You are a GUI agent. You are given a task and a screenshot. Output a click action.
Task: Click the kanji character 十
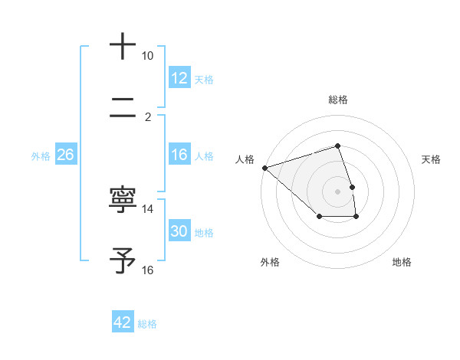click(x=123, y=46)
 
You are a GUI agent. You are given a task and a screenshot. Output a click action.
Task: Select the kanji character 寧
click(x=123, y=200)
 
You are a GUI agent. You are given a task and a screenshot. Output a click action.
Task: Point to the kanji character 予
click(x=123, y=260)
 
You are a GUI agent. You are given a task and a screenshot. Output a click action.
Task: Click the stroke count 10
click(x=148, y=56)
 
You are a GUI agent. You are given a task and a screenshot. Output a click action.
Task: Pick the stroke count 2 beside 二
click(x=148, y=116)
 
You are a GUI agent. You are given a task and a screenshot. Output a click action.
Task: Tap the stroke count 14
click(x=148, y=208)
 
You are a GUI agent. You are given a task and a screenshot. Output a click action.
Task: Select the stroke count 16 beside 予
click(x=148, y=270)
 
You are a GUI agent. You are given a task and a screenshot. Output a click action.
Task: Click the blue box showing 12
click(x=179, y=78)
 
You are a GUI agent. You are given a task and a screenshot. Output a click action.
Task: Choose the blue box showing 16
click(x=179, y=155)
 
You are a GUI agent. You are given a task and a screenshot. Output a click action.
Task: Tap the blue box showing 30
click(x=179, y=231)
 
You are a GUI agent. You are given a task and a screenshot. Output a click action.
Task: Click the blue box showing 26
click(x=65, y=155)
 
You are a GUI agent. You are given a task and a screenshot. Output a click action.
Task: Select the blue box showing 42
click(x=123, y=322)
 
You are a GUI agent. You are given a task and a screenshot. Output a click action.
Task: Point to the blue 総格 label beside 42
click(x=147, y=324)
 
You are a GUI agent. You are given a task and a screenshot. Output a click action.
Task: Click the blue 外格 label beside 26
click(x=41, y=156)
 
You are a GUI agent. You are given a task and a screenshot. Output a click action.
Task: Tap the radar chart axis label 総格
click(x=338, y=100)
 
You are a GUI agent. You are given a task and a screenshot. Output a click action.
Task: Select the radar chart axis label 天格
click(x=432, y=159)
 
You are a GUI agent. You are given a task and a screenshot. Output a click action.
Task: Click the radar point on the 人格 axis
click(x=264, y=167)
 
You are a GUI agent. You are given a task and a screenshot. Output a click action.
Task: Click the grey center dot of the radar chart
click(x=338, y=191)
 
